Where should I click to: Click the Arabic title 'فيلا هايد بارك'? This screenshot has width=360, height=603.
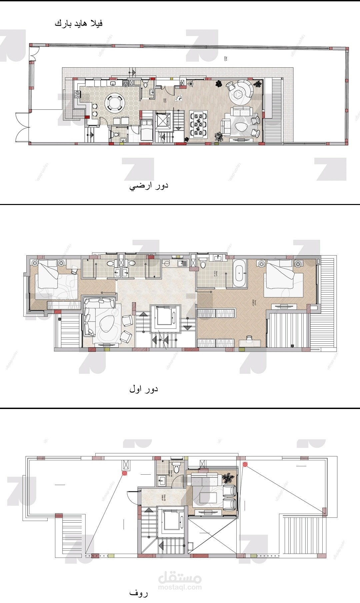pyautogui.click(x=79, y=23)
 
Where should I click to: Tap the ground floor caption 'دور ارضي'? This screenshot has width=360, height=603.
pyautogui.click(x=149, y=186)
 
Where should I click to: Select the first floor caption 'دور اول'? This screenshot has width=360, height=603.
pyautogui.click(x=144, y=389)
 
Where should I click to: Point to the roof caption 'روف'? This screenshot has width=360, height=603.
pyautogui.click(x=138, y=593)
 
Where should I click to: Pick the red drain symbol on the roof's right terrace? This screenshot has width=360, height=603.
pyautogui.click(x=245, y=464)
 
